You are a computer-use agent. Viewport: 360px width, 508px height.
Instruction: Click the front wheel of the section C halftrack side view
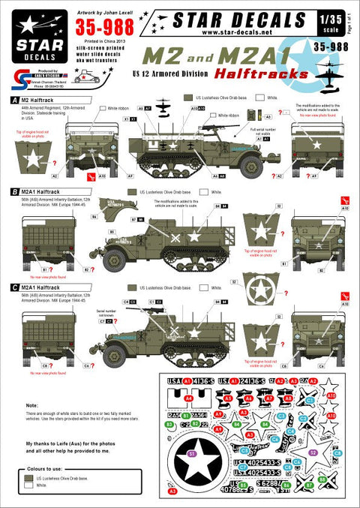click(115, 350)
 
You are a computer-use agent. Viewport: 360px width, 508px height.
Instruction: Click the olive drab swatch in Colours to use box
click(30, 477)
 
